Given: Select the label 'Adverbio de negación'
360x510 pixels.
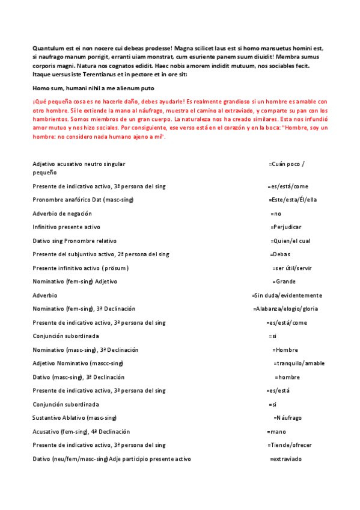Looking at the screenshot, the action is (63, 214).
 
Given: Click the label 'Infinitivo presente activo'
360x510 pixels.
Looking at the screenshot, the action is (67, 227).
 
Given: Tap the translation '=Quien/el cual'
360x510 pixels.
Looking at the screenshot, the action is (290, 241).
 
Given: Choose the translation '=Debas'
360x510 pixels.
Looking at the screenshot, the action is (280, 254).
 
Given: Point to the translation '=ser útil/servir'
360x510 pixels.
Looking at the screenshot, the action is (292, 268).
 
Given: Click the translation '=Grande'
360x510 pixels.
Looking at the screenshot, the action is (284, 281).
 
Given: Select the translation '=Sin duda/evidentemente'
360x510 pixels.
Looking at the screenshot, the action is (287, 295).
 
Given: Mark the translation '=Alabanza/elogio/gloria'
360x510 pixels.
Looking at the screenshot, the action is (286, 309).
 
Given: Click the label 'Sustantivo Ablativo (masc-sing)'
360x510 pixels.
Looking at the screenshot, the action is (75, 417).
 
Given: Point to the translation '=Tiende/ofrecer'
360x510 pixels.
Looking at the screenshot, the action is (290, 445).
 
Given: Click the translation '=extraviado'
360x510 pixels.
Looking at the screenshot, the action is (285, 459).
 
